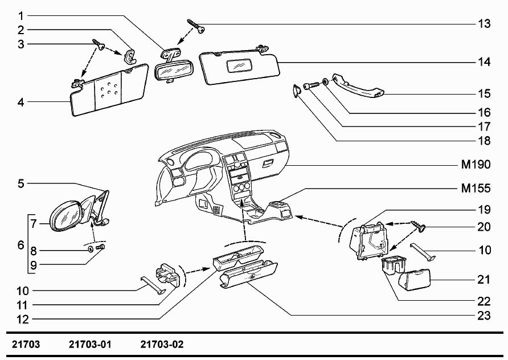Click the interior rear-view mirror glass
(x=172, y=71)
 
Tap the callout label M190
(x=476, y=165)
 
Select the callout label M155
(x=476, y=189)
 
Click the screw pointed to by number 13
(x=196, y=26)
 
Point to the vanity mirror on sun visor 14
(x=239, y=66)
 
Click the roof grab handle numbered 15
(x=358, y=85)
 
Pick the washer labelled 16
(x=325, y=81)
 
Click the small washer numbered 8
(x=91, y=249)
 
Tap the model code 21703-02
(x=162, y=344)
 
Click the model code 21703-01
(x=90, y=344)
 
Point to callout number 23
(x=484, y=316)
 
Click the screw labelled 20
(x=418, y=227)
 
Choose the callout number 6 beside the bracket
(x=21, y=245)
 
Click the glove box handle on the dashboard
(x=268, y=163)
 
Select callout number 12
(x=23, y=320)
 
